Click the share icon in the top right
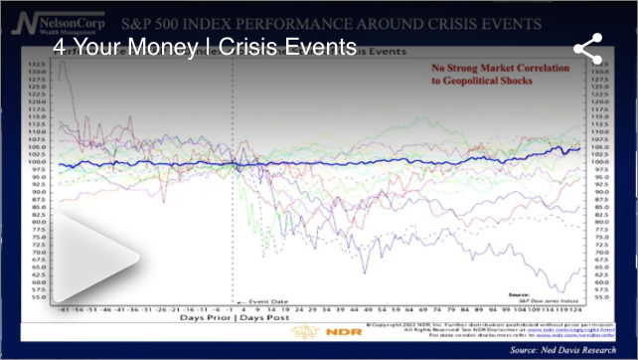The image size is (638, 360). [588, 48]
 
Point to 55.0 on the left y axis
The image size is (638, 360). [42, 298]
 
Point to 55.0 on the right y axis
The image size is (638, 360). [599, 298]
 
